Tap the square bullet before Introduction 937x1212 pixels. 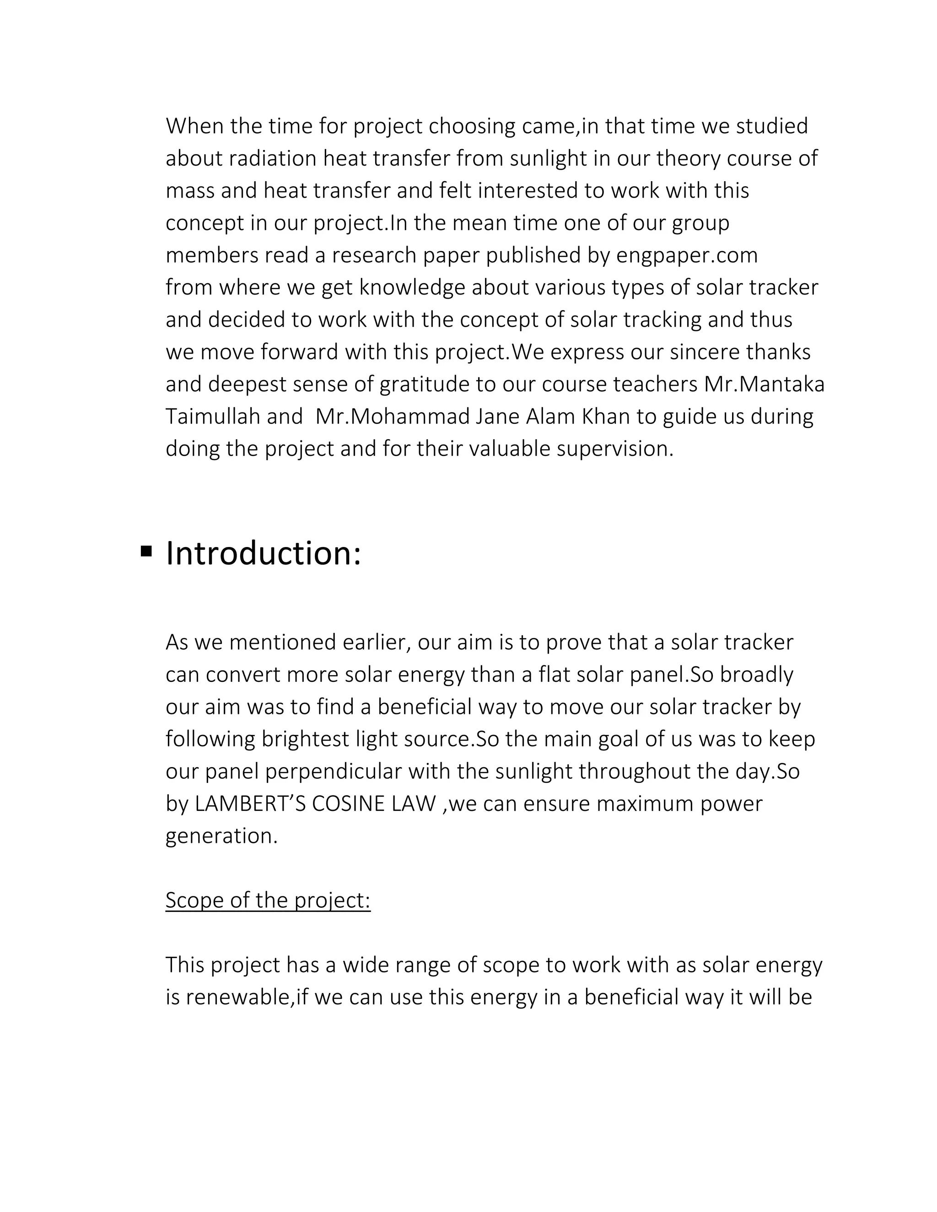click(x=146, y=551)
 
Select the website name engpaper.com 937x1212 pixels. click(x=687, y=255)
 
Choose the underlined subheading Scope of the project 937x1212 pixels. click(x=268, y=900)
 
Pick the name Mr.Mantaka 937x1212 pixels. click(x=765, y=384)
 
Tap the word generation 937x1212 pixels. click(x=221, y=836)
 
